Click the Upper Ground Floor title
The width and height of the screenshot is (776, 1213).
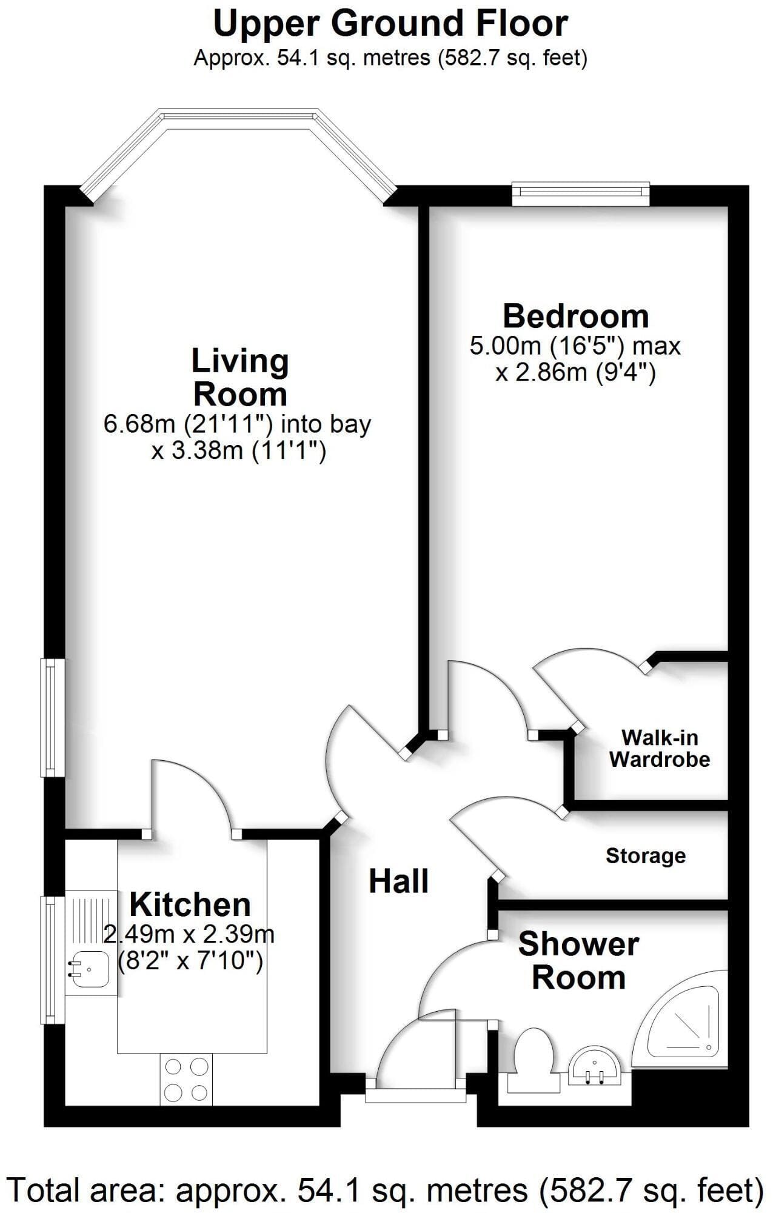click(x=390, y=24)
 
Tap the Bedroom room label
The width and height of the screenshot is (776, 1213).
click(x=576, y=316)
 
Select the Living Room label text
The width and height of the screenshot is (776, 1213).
click(x=240, y=378)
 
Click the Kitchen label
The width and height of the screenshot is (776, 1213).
click(x=190, y=905)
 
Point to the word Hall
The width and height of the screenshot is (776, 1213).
click(x=399, y=881)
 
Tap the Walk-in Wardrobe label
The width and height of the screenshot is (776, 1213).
click(x=660, y=749)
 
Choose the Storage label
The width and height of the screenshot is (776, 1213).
click(x=646, y=856)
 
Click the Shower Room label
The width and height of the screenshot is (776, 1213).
click(x=578, y=961)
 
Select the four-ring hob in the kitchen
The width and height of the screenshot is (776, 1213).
click(x=186, y=1079)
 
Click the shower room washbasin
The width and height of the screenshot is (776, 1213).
click(x=594, y=1065)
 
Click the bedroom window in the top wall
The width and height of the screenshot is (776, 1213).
click(x=581, y=193)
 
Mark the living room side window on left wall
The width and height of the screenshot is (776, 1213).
click(x=52, y=718)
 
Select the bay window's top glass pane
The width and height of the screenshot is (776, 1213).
click(x=238, y=118)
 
